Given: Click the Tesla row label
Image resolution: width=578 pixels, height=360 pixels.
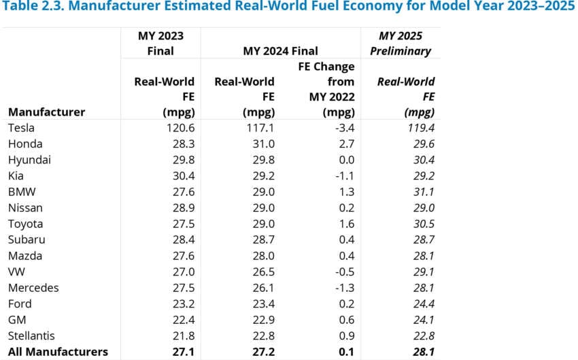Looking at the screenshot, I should pos(21,128).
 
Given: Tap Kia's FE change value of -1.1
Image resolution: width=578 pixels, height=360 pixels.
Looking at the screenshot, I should pos(342,176).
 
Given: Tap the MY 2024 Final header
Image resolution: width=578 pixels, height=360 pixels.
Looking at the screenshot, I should pos(280,51).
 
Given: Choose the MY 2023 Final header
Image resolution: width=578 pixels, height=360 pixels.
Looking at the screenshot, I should pos(160,43).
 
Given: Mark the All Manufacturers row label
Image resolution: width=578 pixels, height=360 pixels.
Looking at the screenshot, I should pos(58,352).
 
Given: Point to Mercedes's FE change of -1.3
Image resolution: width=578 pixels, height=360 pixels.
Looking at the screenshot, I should pos(342,288).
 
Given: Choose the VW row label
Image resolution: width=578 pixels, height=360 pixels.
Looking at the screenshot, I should pos(16,272).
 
